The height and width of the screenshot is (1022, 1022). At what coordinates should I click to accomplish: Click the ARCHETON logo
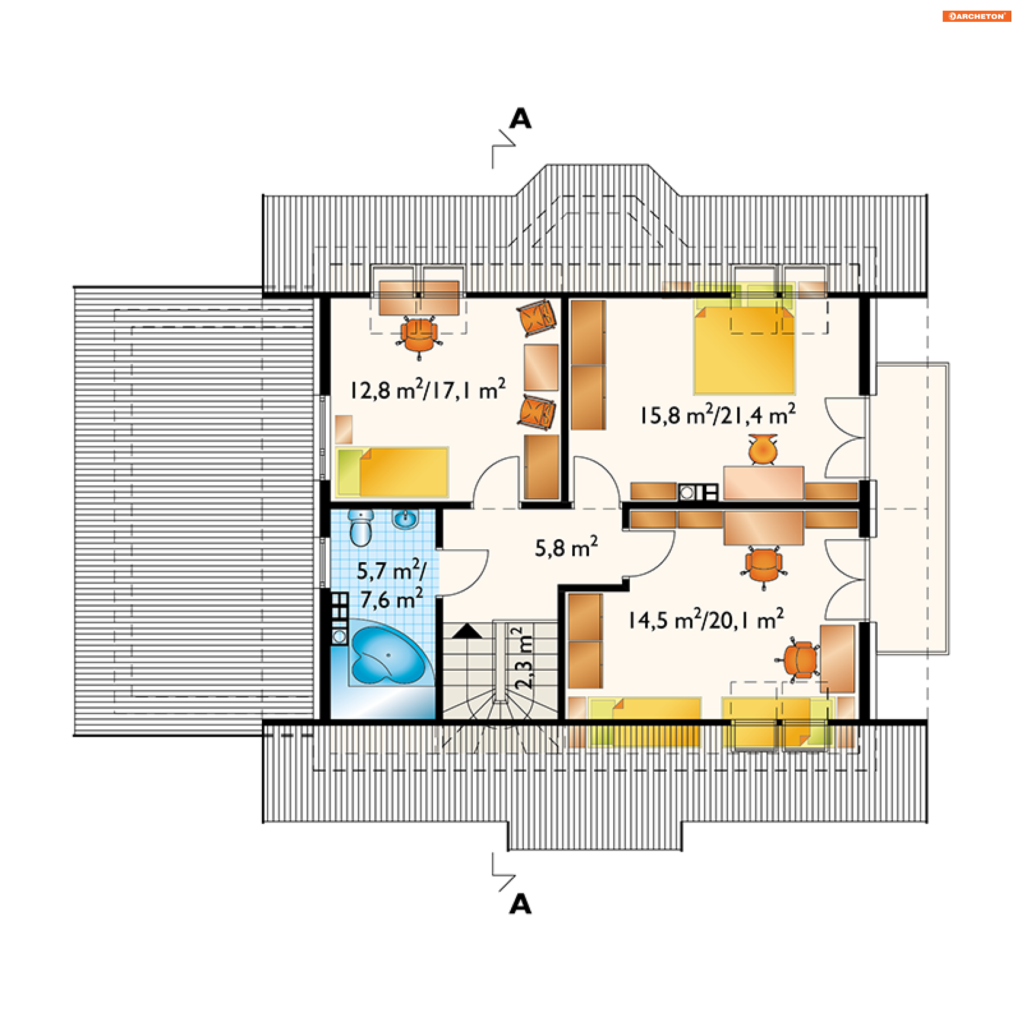click(976, 17)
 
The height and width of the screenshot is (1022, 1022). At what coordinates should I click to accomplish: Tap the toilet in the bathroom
click(361, 528)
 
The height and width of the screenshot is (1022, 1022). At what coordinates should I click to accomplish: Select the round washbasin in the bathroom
click(406, 518)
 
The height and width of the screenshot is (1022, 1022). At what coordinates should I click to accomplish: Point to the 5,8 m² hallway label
click(566, 547)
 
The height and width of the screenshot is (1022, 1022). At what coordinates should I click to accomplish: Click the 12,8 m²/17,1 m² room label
click(427, 389)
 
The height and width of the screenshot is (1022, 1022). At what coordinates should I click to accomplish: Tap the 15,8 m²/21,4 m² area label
click(718, 414)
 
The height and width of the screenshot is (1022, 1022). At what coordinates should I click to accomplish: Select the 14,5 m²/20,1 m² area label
click(706, 619)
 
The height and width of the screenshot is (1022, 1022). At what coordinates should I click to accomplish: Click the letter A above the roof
click(520, 118)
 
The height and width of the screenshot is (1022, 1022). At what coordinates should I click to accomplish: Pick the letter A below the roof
click(520, 904)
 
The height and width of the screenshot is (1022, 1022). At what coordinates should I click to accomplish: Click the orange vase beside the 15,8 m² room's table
click(762, 449)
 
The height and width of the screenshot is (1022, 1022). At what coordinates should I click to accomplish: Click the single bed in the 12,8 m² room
click(392, 472)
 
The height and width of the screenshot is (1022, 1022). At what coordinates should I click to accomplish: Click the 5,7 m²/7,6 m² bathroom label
click(391, 584)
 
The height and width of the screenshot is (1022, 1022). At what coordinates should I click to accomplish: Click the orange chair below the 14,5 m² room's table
click(763, 566)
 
